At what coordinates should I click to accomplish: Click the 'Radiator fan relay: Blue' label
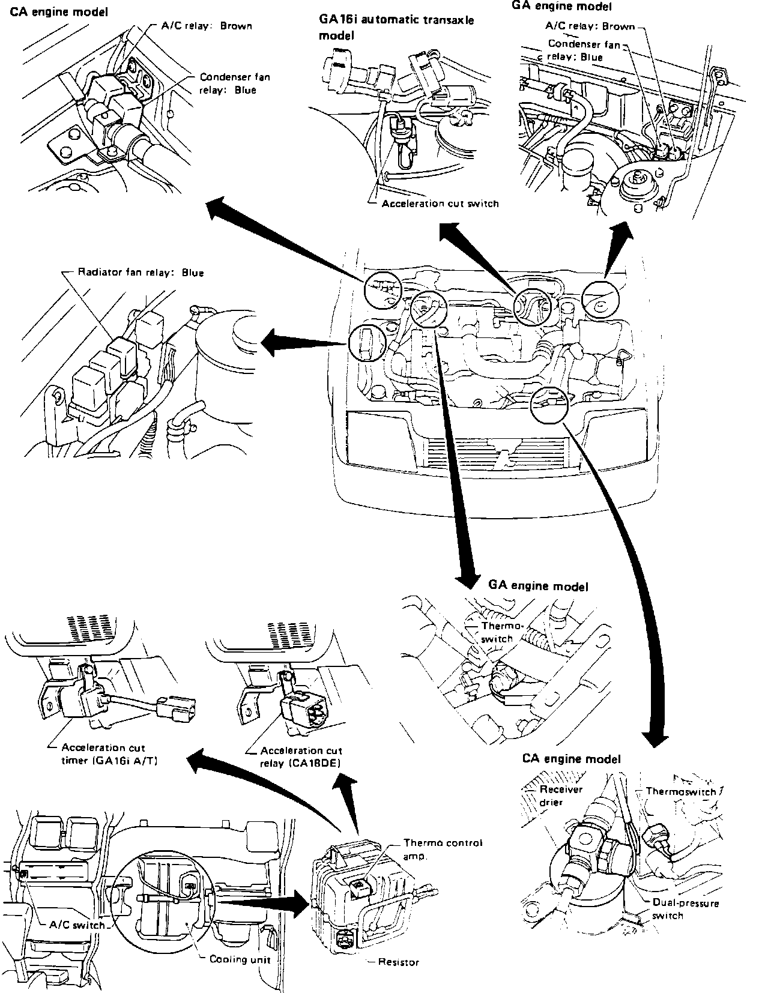(141, 273)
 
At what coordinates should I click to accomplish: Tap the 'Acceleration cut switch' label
(440, 204)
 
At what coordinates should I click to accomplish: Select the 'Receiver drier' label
(561, 795)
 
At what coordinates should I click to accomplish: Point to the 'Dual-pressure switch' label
(685, 909)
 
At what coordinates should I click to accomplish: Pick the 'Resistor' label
(398, 962)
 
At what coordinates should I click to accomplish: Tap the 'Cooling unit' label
(240, 959)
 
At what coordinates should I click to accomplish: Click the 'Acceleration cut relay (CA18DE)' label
(301, 756)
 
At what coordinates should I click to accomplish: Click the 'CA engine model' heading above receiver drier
(570, 759)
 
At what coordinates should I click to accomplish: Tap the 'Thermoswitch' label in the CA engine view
(681, 791)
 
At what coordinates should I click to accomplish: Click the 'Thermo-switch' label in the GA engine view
(498, 632)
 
